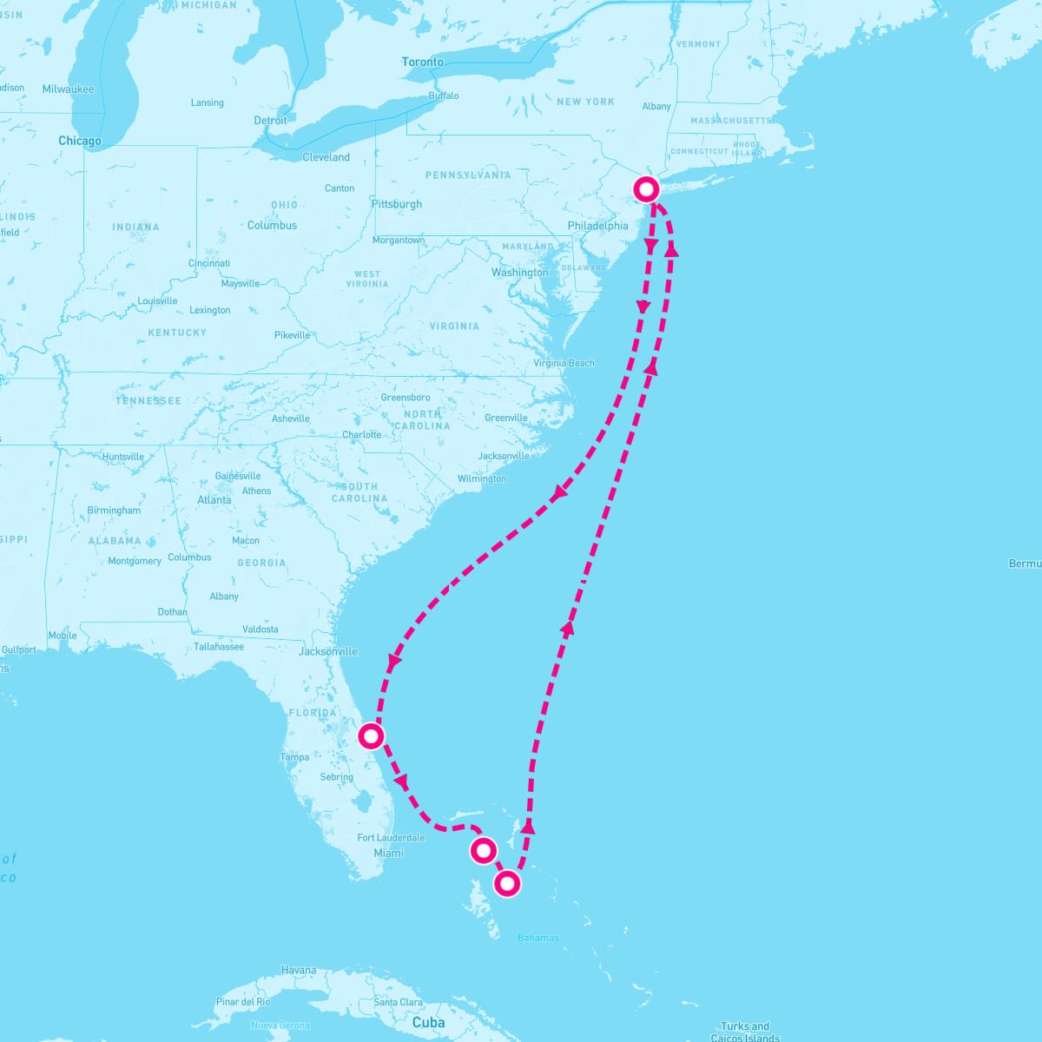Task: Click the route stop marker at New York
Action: (646, 188)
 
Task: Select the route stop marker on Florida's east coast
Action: (371, 736)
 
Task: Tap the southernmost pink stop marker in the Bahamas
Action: (507, 884)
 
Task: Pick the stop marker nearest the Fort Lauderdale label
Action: (483, 850)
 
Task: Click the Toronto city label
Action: (422, 63)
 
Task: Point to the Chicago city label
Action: (80, 141)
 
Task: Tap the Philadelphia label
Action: (597, 226)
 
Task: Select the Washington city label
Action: (519, 273)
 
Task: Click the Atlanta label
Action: (214, 500)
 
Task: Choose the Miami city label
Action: (388, 853)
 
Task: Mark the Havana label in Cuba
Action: (299, 970)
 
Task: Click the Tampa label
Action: (294, 757)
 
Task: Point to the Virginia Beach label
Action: (564, 363)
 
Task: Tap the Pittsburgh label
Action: (396, 204)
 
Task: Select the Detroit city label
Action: (270, 121)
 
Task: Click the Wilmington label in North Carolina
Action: (481, 478)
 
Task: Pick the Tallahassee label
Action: (219, 646)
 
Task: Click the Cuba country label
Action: (428, 1022)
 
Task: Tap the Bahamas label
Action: (537, 938)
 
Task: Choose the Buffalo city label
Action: (443, 96)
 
